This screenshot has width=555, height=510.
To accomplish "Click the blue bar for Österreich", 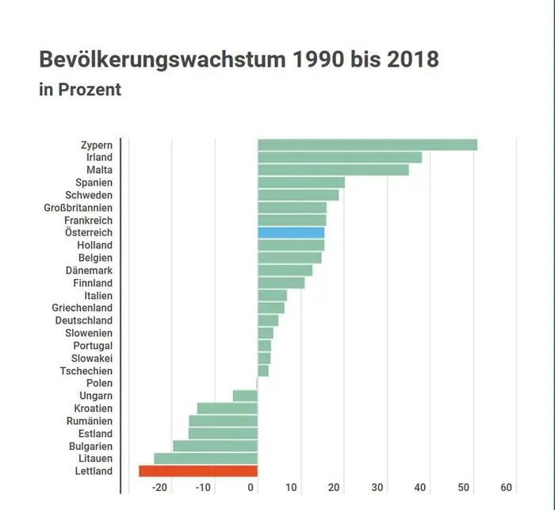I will click(x=291, y=232).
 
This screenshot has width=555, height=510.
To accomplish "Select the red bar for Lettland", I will click(x=198, y=471).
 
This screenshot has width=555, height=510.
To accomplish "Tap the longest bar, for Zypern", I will click(x=367, y=144).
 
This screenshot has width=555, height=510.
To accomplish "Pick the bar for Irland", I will click(x=339, y=157).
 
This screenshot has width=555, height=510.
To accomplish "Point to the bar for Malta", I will click(x=333, y=170).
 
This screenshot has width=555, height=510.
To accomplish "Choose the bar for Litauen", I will click(x=205, y=458).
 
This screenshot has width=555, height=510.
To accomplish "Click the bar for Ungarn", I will click(x=245, y=396).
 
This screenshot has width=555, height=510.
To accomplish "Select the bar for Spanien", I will click(x=301, y=182).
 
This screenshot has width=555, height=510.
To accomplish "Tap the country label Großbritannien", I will click(x=78, y=208).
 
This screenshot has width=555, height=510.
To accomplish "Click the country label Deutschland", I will click(x=83, y=320).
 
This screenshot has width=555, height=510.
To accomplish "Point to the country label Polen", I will click(x=99, y=383).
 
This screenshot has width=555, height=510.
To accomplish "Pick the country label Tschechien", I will click(x=86, y=370).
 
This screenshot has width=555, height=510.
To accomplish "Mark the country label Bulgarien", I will click(x=89, y=446).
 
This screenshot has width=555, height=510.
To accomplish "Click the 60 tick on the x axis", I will click(x=507, y=487).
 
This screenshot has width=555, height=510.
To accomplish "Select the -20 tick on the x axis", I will click(x=159, y=487).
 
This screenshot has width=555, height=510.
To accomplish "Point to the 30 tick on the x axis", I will click(x=377, y=487).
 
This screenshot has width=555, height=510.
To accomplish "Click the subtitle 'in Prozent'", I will click(x=80, y=90).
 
